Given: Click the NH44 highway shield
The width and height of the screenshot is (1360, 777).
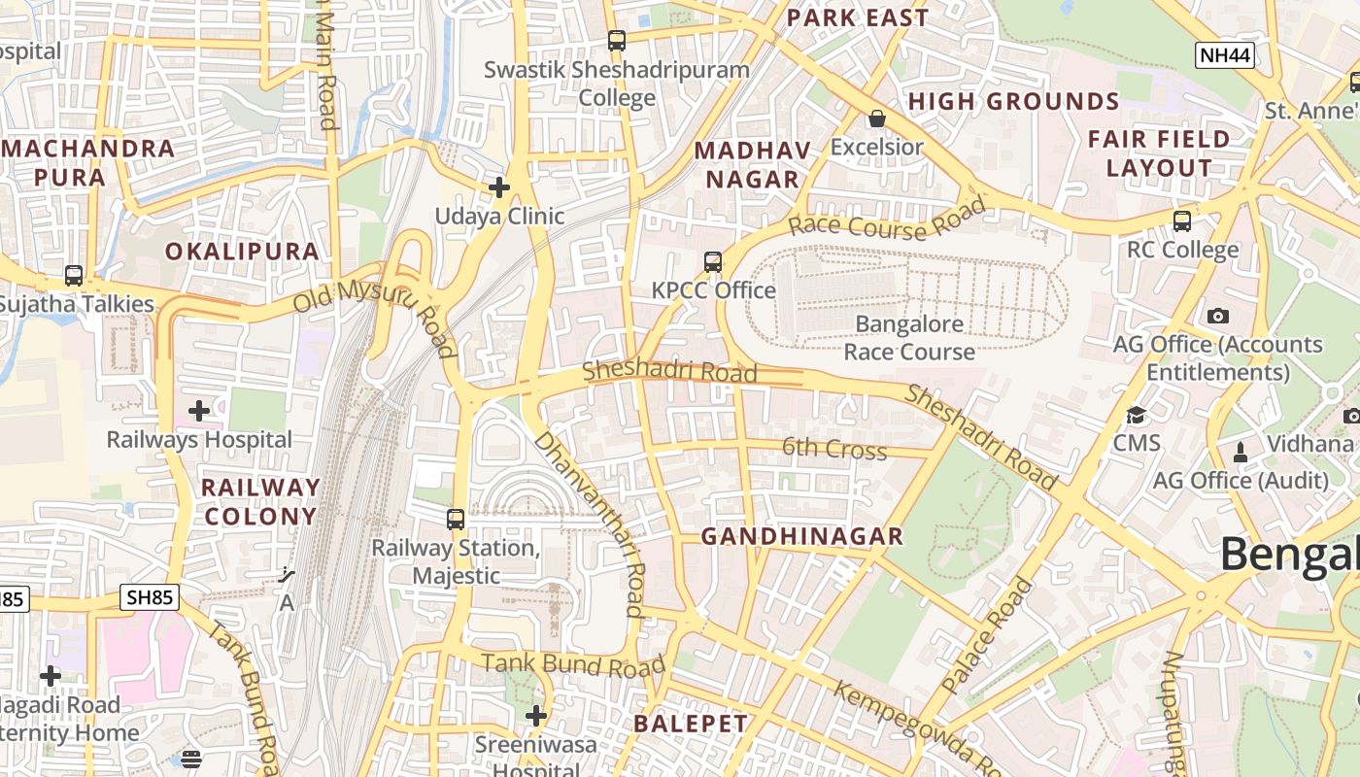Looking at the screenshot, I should tap(1224, 55).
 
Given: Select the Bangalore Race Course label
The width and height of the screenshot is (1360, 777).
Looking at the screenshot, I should tap(909, 338).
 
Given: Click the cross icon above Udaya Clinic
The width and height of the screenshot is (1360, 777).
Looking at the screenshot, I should tap(499, 186).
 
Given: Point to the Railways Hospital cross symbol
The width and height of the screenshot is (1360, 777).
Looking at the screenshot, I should tap(199, 411).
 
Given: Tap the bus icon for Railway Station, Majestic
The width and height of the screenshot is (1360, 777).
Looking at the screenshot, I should tap(456, 519).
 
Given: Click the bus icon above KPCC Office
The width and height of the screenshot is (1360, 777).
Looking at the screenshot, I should tap(713, 261).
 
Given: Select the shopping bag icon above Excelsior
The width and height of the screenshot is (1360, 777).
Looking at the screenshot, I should tap(877, 118).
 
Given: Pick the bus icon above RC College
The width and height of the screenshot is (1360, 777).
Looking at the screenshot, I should tap(1182, 220).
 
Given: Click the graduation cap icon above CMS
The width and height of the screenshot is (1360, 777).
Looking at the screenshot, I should tap(1136, 416).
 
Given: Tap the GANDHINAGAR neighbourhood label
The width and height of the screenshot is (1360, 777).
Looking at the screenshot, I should tap(802, 536).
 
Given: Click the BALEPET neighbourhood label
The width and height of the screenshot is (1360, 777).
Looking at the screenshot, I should tap(691, 724).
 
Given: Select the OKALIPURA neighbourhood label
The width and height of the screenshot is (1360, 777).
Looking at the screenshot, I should tap(242, 252).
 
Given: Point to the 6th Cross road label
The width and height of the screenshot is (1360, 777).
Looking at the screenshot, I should tap(834, 449).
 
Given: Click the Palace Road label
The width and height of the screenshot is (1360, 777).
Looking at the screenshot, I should tap(988, 635).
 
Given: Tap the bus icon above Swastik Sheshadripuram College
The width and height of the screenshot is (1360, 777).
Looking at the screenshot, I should tap(617, 41).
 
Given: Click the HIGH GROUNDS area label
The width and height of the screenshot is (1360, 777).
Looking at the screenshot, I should tap(1013, 102).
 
